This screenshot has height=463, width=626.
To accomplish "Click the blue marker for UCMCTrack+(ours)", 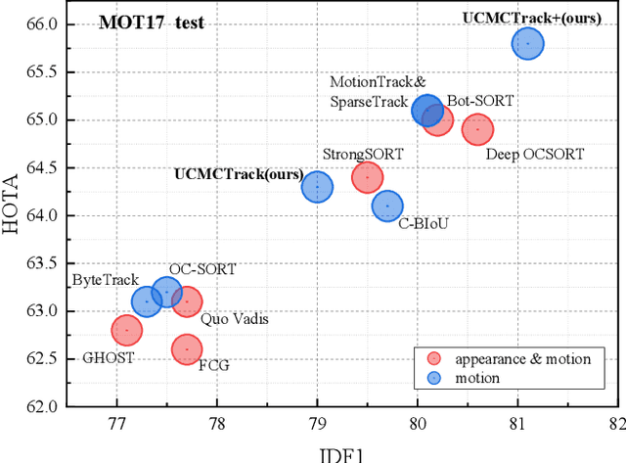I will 527,43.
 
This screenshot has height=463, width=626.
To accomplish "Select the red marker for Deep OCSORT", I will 477,129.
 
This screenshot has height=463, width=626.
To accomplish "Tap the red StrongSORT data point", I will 367,177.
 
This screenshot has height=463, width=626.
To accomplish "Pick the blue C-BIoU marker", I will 387,206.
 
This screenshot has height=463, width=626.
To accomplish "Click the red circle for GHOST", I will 126,331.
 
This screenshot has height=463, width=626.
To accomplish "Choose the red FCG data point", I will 186,349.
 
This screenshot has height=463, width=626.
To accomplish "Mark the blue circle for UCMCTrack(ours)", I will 317,186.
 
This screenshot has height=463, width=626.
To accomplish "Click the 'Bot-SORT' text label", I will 480,100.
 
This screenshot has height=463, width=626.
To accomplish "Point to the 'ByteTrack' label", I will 106,280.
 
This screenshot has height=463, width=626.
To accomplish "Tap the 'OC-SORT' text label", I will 202,269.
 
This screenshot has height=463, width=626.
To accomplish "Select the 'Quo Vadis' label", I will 235,318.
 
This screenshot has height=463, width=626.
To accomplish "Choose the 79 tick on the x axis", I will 317,424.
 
